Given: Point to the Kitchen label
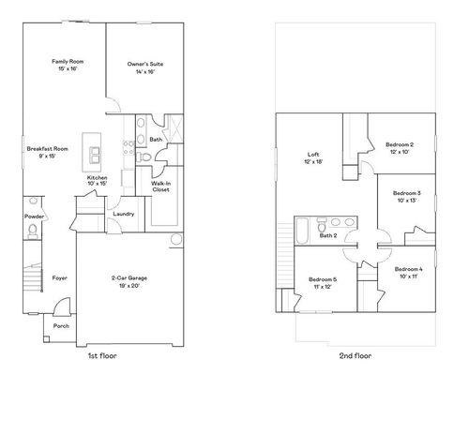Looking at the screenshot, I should click(x=98, y=179).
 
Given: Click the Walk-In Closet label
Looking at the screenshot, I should click(x=160, y=187).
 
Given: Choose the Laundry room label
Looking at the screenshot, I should click(x=122, y=214).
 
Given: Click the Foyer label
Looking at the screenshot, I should click(x=59, y=278).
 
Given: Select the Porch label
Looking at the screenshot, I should click(x=61, y=326).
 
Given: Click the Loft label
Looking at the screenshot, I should click(x=314, y=158).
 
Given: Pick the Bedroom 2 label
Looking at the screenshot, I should click(x=400, y=147).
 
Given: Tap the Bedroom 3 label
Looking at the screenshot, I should click(x=405, y=196).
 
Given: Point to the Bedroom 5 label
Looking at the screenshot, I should click(x=323, y=283).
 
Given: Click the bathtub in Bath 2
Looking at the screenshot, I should click(x=303, y=229).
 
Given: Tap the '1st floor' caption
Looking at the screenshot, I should click(x=101, y=357).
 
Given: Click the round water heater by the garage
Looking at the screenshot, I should click(x=174, y=241).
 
